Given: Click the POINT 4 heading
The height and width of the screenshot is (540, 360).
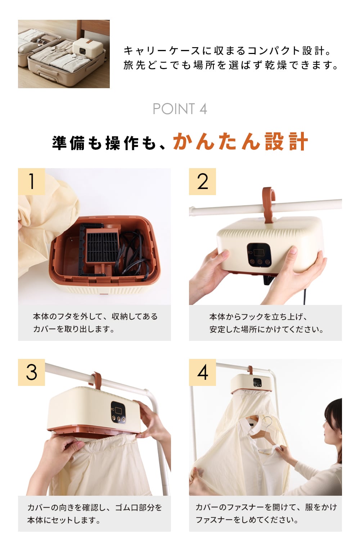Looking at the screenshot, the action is pos(180,109).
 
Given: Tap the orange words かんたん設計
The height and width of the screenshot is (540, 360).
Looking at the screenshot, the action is pos(240,142).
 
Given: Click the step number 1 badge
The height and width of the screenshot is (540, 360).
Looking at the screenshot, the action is pos(32,181).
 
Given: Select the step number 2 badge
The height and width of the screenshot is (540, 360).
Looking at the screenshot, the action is pos(202,181).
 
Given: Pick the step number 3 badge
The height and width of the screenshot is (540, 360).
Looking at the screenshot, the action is pos(32,373).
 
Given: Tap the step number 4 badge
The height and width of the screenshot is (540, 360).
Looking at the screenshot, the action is pos(202,373).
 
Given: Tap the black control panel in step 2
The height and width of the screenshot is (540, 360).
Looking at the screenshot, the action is pos(259,255).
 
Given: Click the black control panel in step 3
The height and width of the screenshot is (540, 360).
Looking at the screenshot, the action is pos(118,412).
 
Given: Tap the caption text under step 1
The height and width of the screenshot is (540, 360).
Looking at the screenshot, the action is pos(95,323).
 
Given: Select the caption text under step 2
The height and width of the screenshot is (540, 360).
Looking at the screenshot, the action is pos(266,323).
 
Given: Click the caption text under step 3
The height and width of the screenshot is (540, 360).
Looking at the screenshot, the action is pos(95,514).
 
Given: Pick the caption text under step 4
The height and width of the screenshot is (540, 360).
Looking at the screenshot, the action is pos(266,514).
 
